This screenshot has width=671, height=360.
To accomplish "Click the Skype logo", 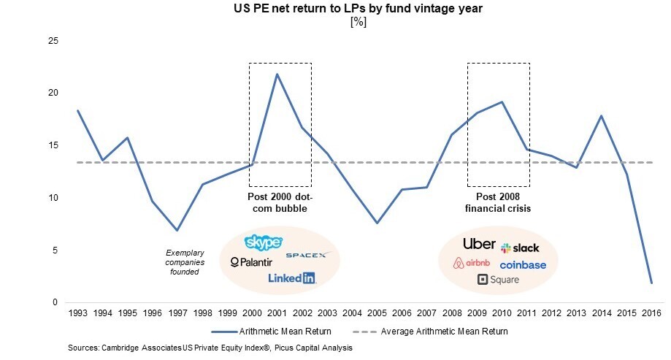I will [x=263, y=242].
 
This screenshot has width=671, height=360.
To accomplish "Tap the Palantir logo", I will [x=251, y=261].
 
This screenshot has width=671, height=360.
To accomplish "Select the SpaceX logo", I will [x=308, y=255].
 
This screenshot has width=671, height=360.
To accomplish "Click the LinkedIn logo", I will [x=291, y=277].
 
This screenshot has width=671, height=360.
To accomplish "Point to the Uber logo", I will [x=479, y=244].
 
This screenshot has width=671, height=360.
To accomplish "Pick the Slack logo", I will [x=520, y=248].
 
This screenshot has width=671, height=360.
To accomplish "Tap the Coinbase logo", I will [x=523, y=265].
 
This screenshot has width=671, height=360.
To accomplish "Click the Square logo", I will [x=498, y=280].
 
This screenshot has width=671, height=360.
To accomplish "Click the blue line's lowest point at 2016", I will [x=651, y=283].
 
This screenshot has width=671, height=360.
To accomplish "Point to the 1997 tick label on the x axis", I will [x=177, y=313].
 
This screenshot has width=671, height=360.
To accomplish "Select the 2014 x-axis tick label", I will [x=601, y=313].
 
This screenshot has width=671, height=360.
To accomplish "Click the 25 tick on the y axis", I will [x=52, y=40].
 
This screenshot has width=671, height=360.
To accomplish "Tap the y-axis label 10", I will [x=52, y=198].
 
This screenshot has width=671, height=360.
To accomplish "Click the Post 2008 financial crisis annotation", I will [x=498, y=203].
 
